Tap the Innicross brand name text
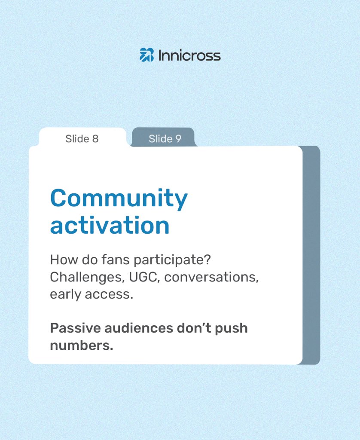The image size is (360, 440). (189, 55)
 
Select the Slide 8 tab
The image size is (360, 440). (82, 139)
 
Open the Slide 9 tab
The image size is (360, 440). (165, 139)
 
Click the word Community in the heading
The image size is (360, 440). (119, 199)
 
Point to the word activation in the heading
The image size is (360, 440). (110, 225)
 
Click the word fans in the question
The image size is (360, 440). (118, 260)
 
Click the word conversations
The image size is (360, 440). (211, 278)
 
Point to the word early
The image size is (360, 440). (67, 295)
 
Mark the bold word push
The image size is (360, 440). (230, 329)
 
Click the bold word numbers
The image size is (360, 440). (81, 345)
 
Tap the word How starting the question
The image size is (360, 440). (62, 260)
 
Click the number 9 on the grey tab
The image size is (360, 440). (178, 139)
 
